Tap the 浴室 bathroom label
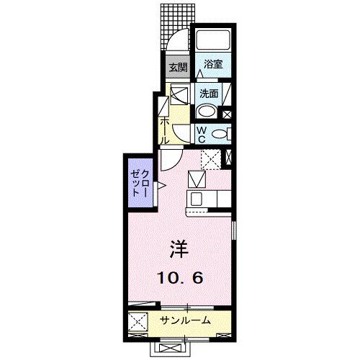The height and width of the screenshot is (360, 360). [212, 63]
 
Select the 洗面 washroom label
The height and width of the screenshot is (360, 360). [209, 93]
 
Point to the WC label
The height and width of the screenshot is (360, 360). [203, 132]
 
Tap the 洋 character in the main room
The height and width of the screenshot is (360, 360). [179, 249]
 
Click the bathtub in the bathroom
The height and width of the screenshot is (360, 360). [212, 41]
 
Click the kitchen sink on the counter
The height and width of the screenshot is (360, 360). [196, 198]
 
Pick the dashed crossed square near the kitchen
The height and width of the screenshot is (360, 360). [210, 158]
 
